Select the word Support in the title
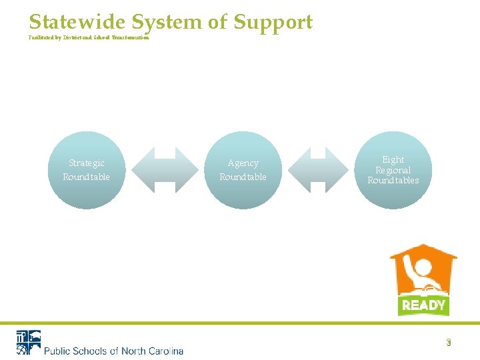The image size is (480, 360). click(x=273, y=23)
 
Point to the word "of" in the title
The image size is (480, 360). click(x=218, y=22)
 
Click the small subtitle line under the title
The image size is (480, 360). click(x=89, y=38)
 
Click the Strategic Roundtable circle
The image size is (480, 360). click(x=87, y=170)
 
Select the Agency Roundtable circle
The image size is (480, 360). click(x=243, y=170)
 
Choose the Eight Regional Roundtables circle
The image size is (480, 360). click(x=393, y=170)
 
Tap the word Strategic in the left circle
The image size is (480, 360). click(x=87, y=163)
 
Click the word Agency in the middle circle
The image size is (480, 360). click(x=243, y=163)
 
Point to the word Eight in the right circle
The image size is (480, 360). click(x=393, y=160)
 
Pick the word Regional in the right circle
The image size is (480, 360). click(x=393, y=170)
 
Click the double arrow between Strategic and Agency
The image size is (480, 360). click(x=164, y=170)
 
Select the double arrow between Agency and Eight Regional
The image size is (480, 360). click(x=319, y=170)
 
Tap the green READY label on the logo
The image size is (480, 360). click(x=423, y=305)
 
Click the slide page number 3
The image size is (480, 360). click(x=449, y=343)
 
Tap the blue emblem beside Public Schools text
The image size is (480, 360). click(x=28, y=343)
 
